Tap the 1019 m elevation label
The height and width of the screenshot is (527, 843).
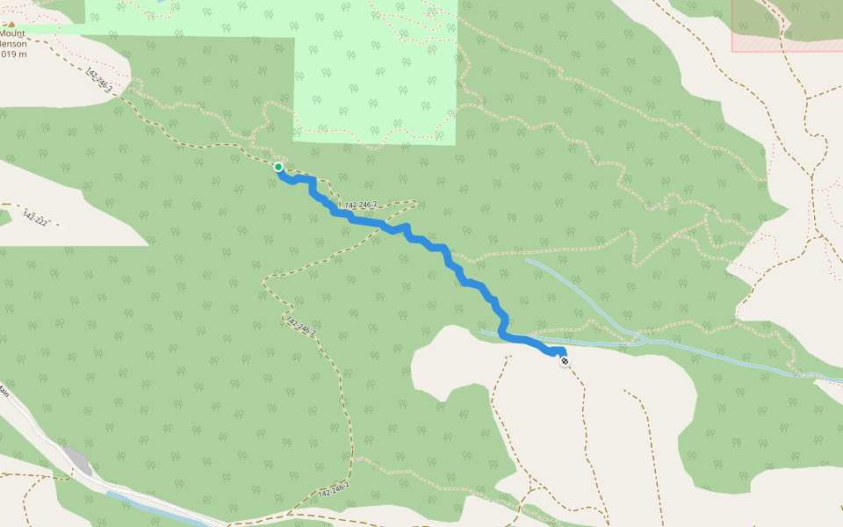coord(12,54)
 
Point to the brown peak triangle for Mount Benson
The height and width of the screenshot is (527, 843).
coord(11,24)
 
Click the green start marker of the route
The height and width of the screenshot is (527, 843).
coord(278,167)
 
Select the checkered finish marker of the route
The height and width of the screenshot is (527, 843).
coord(564,360)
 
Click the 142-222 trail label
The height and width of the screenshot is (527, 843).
coord(34,218)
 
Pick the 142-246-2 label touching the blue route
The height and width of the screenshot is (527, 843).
coord(361,206)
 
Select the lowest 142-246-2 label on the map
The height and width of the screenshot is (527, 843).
coord(334,491)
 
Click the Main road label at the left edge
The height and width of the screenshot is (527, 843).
coord(4,393)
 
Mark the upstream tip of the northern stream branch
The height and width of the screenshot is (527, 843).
coord(527,259)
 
